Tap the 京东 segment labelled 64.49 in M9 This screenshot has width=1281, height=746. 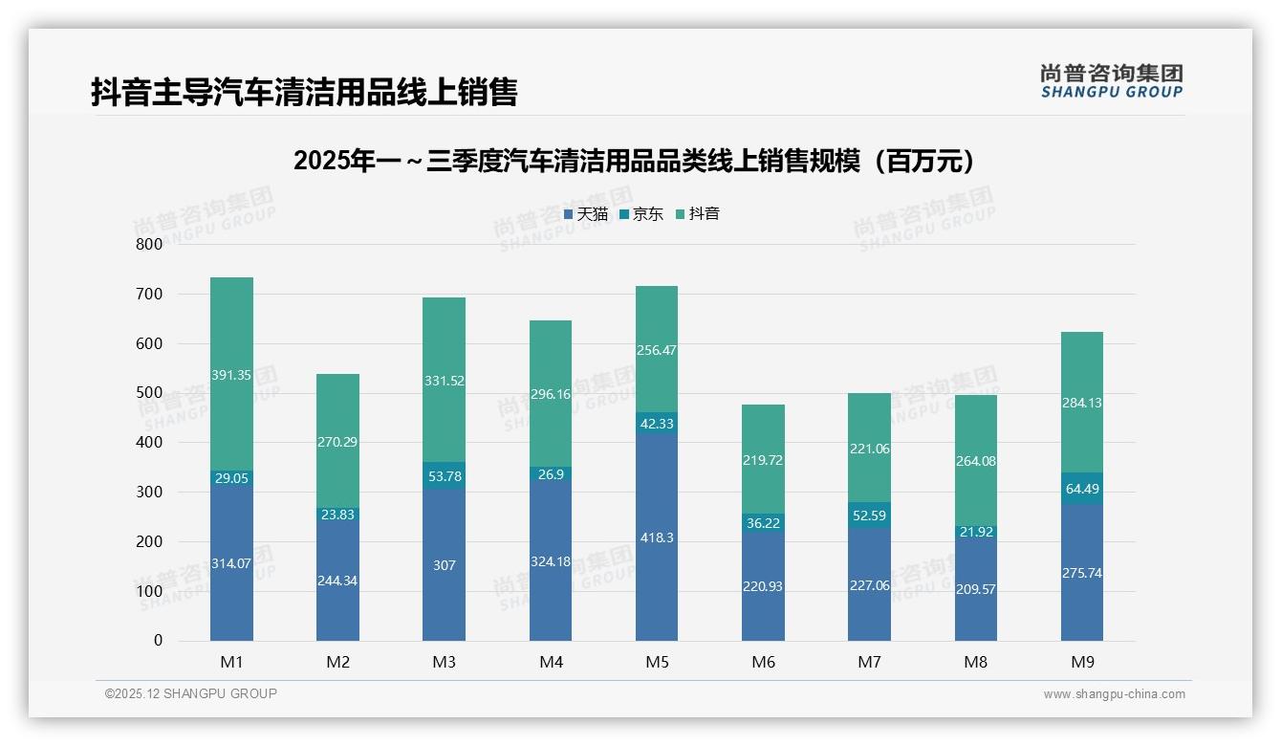coord(1081,488)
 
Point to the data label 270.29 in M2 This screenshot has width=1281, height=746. coord(337,442)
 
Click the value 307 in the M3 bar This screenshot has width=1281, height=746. coord(444,565)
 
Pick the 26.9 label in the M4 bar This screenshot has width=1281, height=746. coord(551,474)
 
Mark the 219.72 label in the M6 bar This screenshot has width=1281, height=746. coord(763,460)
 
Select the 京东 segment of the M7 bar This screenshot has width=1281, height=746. coord(869,516)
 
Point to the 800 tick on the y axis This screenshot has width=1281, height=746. coord(149,244)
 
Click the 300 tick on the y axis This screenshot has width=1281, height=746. coord(149,492)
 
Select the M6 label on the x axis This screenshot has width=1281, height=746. coord(763,662)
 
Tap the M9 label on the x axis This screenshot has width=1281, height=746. coord(1081,662)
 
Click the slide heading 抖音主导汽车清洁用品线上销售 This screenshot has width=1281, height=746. coord(304,93)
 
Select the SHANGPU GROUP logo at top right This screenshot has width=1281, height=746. coord(1111,81)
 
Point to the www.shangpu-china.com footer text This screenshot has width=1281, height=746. coord(1114,694)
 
